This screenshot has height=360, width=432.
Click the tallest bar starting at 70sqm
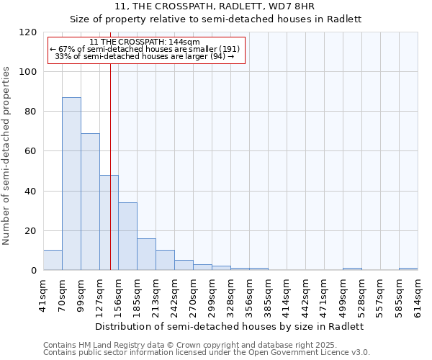pyautogui.click(x=71, y=184)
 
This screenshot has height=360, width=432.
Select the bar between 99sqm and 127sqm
pyautogui.click(x=90, y=202)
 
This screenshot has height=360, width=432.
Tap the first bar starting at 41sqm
pyautogui.click(x=53, y=260)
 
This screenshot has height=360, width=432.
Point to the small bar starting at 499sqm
pyautogui.click(x=352, y=269)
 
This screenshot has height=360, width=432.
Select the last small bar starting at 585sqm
pyautogui.click(x=408, y=269)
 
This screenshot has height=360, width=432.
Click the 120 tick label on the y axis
pyautogui.click(x=28, y=32)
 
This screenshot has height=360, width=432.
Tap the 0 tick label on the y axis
pyautogui.click(x=34, y=271)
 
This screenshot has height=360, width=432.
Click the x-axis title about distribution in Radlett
pyautogui.click(x=230, y=326)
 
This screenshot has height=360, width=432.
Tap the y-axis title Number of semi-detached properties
pyautogui.click(x=6, y=151)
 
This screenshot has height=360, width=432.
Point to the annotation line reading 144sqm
pyautogui.click(x=145, y=42)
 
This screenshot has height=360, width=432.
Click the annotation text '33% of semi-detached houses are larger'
pyautogui.click(x=145, y=56)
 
